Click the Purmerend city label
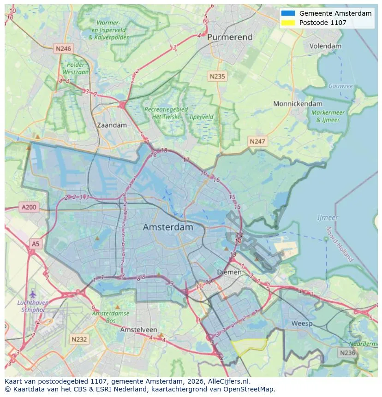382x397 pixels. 229,37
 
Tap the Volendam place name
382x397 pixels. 325,46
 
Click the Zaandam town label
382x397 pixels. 112,125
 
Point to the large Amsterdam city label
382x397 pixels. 168,227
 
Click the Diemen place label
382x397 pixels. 229,272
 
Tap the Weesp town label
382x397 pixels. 302,324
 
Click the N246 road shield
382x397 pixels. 63,48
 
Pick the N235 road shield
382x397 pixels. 216,77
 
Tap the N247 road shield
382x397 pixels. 257,141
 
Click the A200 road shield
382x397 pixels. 29,207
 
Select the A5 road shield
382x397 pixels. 35,243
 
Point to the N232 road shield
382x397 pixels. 79,339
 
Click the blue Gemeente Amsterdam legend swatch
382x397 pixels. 287,13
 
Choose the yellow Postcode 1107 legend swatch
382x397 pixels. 287,23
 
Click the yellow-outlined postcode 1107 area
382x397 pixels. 249,346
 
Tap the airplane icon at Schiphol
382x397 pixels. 32,294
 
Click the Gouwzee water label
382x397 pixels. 340,86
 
